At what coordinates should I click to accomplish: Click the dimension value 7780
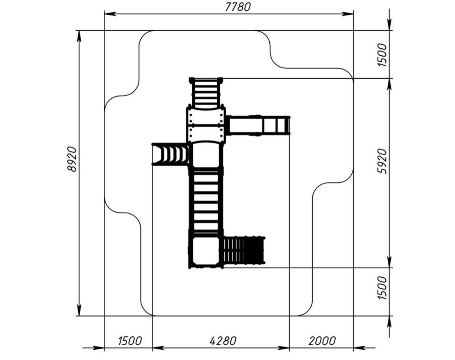(x=238, y=7)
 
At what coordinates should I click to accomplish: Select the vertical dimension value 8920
(x=72, y=159)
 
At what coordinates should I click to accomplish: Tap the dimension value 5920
(x=382, y=161)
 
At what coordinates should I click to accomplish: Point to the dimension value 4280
(x=223, y=341)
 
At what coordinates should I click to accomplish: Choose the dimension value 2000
(x=322, y=341)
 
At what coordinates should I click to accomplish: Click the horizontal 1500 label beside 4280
(x=130, y=341)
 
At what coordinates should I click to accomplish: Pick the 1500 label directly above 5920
(x=382, y=55)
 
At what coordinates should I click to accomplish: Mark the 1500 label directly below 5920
(x=382, y=288)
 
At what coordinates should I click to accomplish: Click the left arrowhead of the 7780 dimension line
(x=110, y=14)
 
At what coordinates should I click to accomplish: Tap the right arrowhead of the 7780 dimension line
(x=348, y=14)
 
